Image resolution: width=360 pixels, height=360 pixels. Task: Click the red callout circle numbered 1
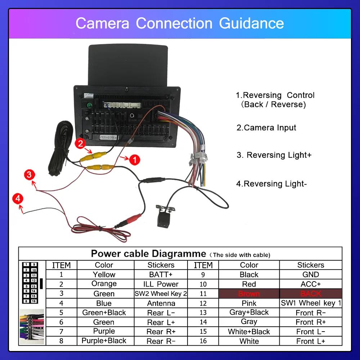(x=134, y=159)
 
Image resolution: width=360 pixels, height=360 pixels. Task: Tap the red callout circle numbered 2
(x=80, y=144)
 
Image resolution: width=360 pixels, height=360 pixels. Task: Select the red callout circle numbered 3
(x=30, y=175)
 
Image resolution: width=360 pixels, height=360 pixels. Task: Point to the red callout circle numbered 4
(x=17, y=198)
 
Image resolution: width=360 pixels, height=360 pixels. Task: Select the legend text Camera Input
(x=266, y=128)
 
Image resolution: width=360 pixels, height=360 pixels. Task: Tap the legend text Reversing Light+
(x=274, y=155)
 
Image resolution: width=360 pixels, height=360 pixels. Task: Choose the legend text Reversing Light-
(x=271, y=184)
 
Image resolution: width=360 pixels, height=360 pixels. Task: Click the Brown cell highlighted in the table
(x=249, y=294)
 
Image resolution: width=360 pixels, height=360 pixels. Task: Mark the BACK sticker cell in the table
(x=310, y=294)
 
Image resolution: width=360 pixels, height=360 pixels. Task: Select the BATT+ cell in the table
(x=161, y=275)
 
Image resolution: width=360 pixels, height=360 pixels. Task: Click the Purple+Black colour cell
(x=104, y=341)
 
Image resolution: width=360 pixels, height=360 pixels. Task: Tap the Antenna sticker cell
(x=161, y=303)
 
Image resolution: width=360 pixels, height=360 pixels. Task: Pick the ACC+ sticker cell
(x=310, y=284)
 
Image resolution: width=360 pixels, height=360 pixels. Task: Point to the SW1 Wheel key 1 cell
(x=310, y=303)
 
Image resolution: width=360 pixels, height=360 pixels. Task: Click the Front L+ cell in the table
(x=310, y=341)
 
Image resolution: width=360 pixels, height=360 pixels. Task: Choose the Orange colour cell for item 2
(x=104, y=284)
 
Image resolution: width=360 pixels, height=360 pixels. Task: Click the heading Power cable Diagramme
(x=148, y=253)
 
